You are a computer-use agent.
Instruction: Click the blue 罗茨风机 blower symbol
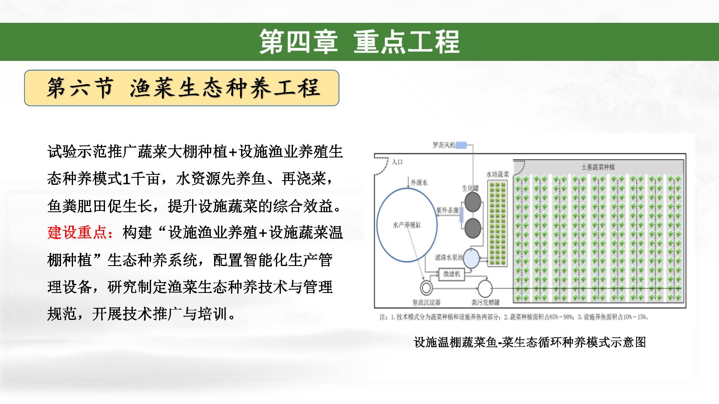click(x=461, y=145)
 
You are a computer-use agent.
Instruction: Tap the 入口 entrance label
click(x=397, y=162)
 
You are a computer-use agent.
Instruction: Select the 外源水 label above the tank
click(x=419, y=181)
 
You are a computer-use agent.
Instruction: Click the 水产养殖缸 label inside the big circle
click(x=407, y=225)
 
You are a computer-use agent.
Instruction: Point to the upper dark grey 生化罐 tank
click(x=473, y=202)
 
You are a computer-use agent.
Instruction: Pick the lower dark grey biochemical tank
click(x=473, y=228)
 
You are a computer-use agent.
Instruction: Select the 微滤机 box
click(x=452, y=274)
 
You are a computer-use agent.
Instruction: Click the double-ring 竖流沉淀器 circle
click(x=426, y=288)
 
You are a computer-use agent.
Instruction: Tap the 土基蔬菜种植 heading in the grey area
click(x=598, y=167)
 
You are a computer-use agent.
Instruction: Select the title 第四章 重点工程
click(x=359, y=42)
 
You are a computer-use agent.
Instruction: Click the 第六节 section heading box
click(x=182, y=88)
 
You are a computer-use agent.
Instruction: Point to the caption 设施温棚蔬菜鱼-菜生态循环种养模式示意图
click(x=530, y=342)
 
